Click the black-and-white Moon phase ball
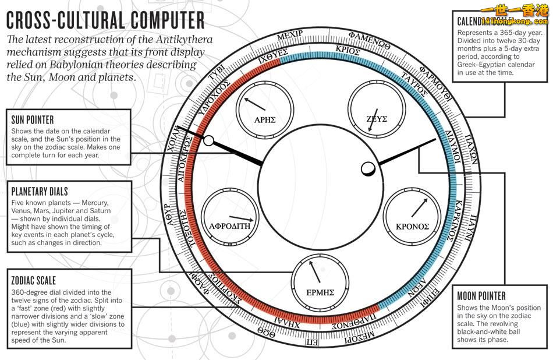click(x=368, y=168)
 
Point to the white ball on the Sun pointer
click(x=208, y=140)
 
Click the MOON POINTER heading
click(x=481, y=296)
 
